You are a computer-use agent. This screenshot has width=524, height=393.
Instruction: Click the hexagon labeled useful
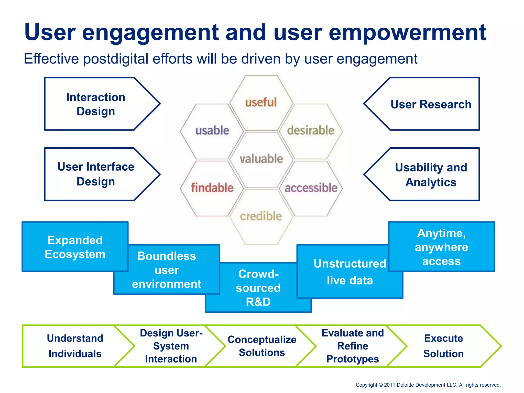click(261, 103)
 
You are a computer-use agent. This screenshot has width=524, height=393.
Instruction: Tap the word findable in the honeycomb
click(212, 188)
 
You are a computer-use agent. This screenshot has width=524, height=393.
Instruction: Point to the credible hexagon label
click(261, 216)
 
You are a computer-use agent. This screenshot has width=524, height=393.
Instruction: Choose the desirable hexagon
click(311, 131)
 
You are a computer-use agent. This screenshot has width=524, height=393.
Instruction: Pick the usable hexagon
click(212, 131)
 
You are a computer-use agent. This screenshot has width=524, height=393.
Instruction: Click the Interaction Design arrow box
click(96, 104)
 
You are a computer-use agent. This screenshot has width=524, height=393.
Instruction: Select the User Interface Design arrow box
click(96, 174)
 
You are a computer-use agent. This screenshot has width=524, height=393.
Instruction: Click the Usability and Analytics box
click(431, 175)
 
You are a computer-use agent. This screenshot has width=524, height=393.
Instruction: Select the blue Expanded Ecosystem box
click(75, 247)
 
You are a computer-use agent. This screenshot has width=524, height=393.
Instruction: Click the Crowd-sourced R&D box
click(258, 288)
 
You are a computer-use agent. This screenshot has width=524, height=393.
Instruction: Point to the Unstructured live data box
click(350, 272)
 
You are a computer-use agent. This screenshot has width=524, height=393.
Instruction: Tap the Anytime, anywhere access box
click(441, 247)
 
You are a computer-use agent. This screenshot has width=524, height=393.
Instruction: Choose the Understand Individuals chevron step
click(75, 346)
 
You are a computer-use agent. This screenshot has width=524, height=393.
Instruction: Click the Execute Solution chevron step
click(443, 346)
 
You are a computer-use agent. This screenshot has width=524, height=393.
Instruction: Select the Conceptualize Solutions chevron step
click(262, 346)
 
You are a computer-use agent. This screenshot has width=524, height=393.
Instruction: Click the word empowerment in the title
click(407, 33)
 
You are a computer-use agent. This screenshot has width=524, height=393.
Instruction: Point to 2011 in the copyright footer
click(389, 385)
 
